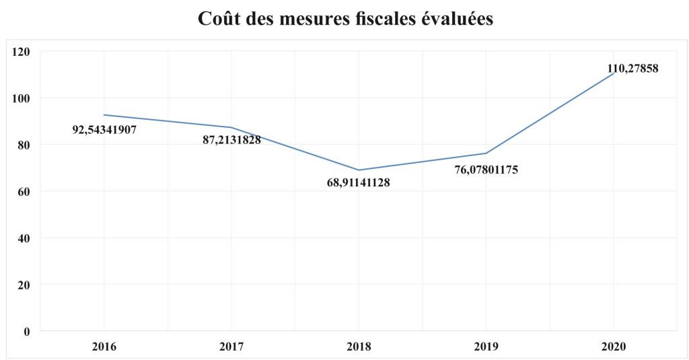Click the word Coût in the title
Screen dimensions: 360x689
tap(220, 20)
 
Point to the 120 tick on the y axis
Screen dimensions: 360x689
tap(22, 51)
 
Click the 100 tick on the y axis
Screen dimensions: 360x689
tap(22, 98)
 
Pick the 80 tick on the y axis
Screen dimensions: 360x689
tap(25, 145)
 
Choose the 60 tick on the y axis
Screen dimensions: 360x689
tap(25, 191)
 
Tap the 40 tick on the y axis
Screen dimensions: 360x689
tap(25, 238)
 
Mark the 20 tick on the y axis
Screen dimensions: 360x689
tap(25, 285)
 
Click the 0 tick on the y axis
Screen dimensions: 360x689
tap(28, 331)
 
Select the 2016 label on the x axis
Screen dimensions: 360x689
tap(104, 347)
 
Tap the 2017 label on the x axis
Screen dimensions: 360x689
tap(231, 347)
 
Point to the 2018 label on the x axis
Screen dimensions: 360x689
tap(359, 347)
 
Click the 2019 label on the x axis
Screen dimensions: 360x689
tap(486, 347)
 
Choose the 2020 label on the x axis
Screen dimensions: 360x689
tap(614, 347)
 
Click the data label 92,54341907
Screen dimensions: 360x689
tap(104, 129)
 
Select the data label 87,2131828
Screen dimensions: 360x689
tap(231, 140)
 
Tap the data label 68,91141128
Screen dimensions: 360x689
tap(359, 182)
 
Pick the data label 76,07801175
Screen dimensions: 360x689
tap(486, 170)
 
